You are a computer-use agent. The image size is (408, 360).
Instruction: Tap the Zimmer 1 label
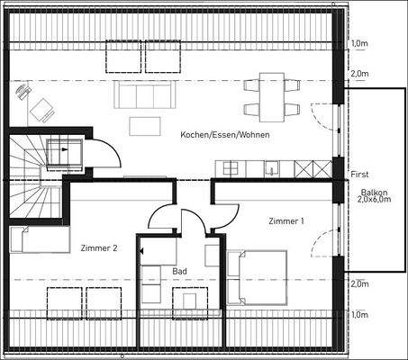pyautogui.click(x=286, y=220)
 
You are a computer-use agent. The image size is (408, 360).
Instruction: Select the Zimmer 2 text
pyautogui.click(x=99, y=247)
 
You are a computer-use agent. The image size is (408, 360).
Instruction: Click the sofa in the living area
pyautogui.click(x=141, y=94)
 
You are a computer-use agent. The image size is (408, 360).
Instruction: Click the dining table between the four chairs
pyautogui.click(x=271, y=95)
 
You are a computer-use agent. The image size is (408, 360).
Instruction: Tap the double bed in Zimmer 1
pyautogui.click(x=258, y=275)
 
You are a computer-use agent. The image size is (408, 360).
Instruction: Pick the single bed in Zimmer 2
pyautogui.click(x=40, y=239)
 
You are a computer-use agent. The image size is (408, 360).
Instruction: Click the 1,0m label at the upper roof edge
pyautogui.click(x=359, y=42)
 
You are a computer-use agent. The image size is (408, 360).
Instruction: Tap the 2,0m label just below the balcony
pyautogui.click(x=359, y=283)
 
